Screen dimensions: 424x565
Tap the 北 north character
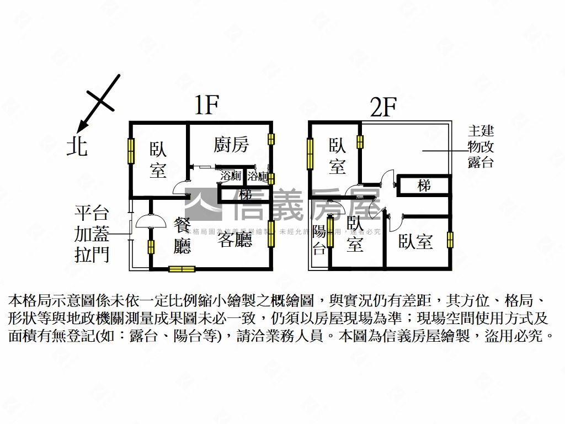click(77, 146)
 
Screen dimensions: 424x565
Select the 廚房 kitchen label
click(231, 145)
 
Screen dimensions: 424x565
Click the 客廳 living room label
click(234, 240)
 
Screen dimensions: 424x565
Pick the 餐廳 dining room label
click(182, 235)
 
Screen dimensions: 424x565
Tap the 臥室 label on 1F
click(158, 161)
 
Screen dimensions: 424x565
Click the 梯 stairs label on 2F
click(424, 185)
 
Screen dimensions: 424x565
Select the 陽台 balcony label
click(319, 240)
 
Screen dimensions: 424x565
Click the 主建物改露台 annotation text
click(481, 147)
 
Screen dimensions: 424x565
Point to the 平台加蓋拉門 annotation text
click(92, 234)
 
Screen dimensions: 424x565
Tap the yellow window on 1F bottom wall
click(182, 269)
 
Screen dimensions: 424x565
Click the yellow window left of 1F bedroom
click(131, 150)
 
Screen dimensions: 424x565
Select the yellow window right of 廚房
click(271, 139)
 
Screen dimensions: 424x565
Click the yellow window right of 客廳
click(271, 234)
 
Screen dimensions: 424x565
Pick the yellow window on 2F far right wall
click(450, 240)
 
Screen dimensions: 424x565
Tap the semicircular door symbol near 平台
click(151, 221)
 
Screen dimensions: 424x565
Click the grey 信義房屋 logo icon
click(203, 204)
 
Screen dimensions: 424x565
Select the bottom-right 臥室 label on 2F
click(415, 241)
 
